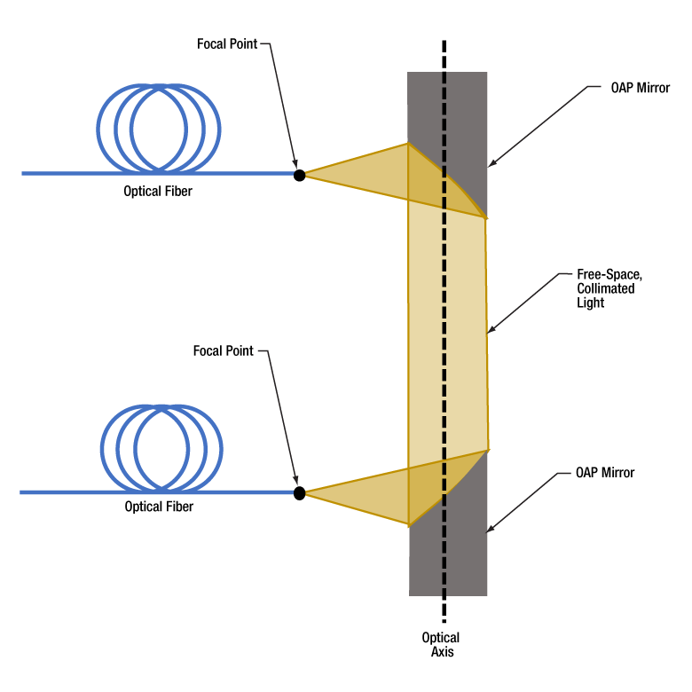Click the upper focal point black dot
click(x=300, y=175)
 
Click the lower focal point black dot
click(x=300, y=492)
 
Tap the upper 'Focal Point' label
click(x=227, y=43)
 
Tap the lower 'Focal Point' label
click(x=224, y=351)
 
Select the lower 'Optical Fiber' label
click(x=159, y=507)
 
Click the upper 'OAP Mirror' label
click(x=641, y=89)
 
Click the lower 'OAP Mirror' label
click(x=604, y=473)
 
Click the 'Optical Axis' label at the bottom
click(x=441, y=645)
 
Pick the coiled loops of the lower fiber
click(x=160, y=448)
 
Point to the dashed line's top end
click(x=444, y=42)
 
